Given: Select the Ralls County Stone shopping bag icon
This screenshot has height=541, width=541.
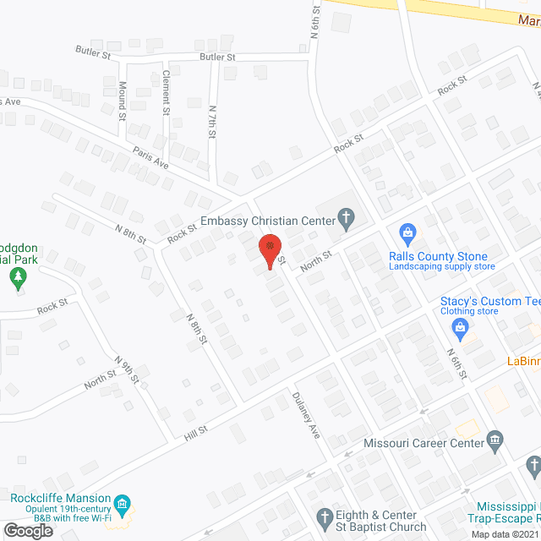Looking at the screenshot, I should pos(407,232).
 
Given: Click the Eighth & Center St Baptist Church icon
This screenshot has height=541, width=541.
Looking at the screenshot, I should pos(324,516).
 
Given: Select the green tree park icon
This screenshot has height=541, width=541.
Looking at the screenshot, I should pos(18,276).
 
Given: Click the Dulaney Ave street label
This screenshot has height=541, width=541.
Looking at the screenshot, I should pos(306,413).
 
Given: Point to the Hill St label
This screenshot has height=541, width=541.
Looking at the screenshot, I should pos(196,432).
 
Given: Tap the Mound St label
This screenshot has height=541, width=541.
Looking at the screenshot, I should pos(122,100).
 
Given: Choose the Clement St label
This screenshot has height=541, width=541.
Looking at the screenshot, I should pos(167,91).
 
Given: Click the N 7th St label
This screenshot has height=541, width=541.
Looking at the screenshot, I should pos(213,124).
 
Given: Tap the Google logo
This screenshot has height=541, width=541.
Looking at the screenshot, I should pos(28,530).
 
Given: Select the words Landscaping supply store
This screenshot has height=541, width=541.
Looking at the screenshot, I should pos(441,267).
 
